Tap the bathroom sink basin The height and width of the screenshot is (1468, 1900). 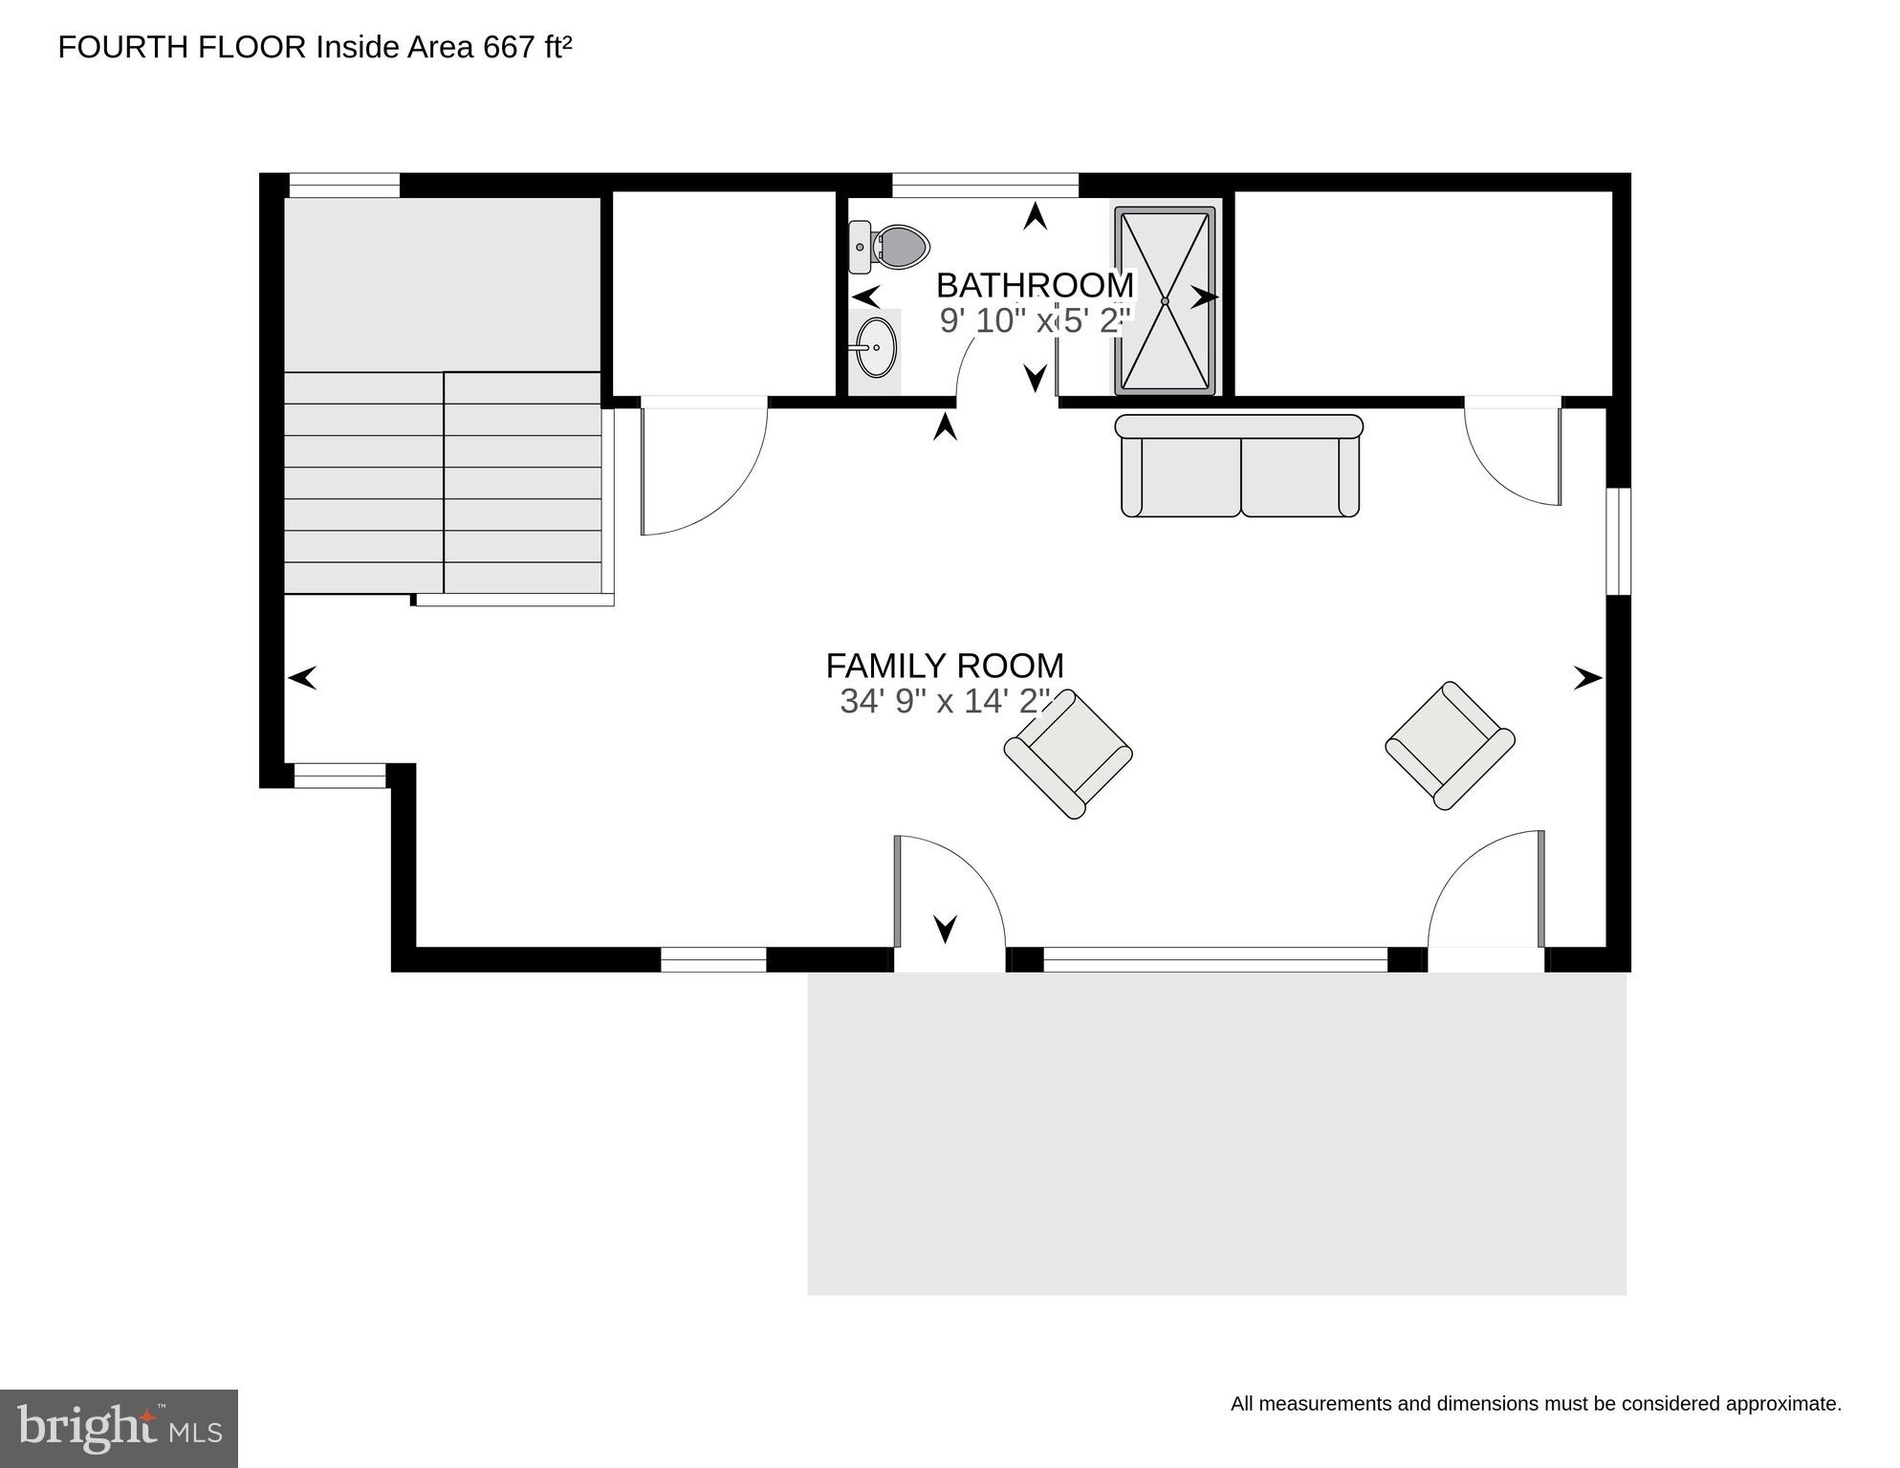(x=876, y=348)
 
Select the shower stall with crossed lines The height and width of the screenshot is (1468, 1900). (x=1165, y=300)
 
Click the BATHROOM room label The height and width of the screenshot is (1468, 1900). (x=1035, y=285)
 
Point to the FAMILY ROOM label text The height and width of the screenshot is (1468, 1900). (x=945, y=666)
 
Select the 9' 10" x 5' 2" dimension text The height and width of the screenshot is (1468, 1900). (x=1035, y=320)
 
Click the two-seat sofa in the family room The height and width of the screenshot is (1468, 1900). (x=1240, y=468)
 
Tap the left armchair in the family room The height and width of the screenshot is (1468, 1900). (x=1068, y=754)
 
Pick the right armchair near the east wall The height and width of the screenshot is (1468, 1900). (x=1450, y=745)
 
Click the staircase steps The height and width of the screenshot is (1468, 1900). (x=443, y=482)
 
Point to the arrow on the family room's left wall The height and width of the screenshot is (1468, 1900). (x=302, y=678)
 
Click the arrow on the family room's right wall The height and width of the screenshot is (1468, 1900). (x=1587, y=678)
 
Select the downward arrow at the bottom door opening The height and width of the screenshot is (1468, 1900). (x=945, y=928)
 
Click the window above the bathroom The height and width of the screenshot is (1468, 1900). (x=985, y=185)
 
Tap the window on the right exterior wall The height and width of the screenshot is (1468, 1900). (x=1618, y=541)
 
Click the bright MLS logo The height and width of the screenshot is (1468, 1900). (x=119, y=1429)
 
